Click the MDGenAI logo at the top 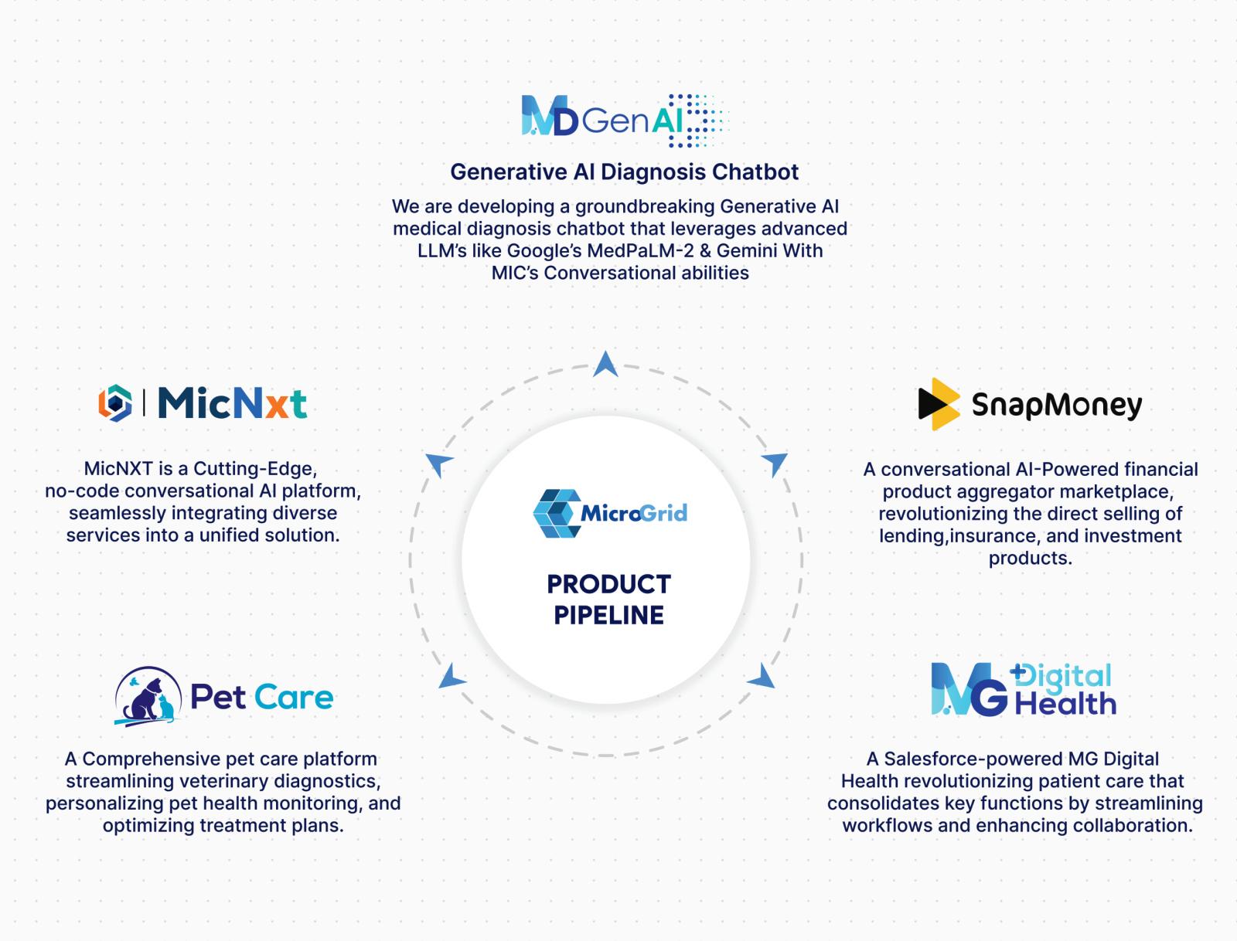coord(623,121)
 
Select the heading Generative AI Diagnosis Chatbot coord(624,172)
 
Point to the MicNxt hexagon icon coord(114,403)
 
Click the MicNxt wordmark coord(232,403)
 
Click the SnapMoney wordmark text coord(1056,405)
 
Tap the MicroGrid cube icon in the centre coord(556,513)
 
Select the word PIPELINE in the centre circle coord(608,615)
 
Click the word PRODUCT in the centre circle coord(608,584)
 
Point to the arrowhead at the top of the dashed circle coord(605,364)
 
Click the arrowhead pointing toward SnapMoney coord(775,464)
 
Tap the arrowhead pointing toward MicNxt coord(439,464)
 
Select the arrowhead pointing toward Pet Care coord(452,676)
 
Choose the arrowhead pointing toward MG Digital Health coord(762,677)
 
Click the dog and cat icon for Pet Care coord(148,696)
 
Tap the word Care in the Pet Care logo coord(294,697)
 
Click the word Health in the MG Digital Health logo coord(1065,704)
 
